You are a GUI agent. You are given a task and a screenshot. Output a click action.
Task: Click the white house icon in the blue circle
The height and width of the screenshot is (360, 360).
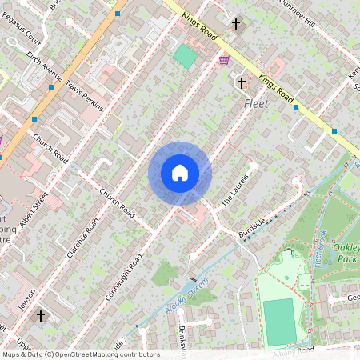click(x=180, y=173)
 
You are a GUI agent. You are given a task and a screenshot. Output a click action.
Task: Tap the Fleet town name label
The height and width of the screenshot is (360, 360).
click(x=256, y=104)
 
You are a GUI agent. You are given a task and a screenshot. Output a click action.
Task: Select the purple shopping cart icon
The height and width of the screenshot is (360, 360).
click(x=224, y=59)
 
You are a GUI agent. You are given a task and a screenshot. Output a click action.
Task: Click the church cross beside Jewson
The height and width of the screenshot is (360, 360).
click(x=41, y=316)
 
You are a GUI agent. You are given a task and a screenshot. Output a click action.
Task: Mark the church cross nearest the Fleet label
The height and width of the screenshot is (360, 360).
click(x=242, y=82)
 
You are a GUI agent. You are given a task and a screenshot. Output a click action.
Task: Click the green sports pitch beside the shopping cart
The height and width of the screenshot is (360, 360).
click(x=186, y=56)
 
